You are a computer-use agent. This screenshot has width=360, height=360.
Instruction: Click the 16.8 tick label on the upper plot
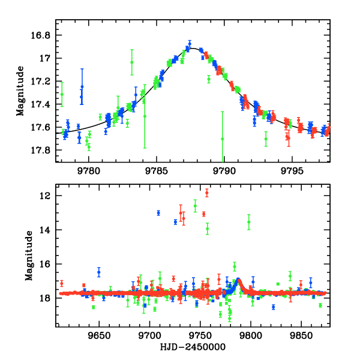pos(42,35)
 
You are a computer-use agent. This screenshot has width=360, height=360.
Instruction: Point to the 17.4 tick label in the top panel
pos(42,104)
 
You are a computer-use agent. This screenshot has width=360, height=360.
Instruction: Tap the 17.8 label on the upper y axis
pos(42,150)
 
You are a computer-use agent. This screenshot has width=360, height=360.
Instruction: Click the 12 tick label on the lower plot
pos(46,196)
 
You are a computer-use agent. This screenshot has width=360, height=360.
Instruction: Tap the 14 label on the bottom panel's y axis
pos(46,230)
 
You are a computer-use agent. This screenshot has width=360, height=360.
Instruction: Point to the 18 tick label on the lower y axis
pos(46,298)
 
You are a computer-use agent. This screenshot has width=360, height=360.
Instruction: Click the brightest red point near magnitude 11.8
pos(207,193)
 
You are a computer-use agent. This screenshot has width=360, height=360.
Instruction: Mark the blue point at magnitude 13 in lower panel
pos(158,213)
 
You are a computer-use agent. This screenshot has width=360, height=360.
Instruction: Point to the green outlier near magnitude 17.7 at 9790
pos(223,139)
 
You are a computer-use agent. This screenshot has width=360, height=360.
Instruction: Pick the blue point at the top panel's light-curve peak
pos(190,44)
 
